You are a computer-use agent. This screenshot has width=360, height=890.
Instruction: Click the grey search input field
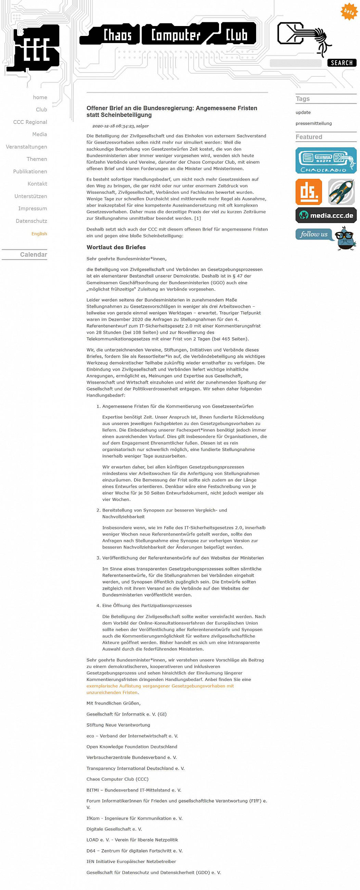click(x=295, y=63)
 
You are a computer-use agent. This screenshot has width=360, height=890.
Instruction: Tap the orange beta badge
click(x=349, y=12)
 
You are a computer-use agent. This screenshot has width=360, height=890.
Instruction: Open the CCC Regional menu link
click(x=30, y=122)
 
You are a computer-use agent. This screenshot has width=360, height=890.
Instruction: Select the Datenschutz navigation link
click(x=31, y=221)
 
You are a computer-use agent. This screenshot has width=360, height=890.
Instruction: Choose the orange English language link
click(x=39, y=234)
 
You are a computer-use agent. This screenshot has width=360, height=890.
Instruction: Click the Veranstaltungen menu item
click(x=26, y=146)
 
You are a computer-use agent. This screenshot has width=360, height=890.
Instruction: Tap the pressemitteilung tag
click(x=313, y=123)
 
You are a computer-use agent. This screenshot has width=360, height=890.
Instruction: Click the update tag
click(x=303, y=112)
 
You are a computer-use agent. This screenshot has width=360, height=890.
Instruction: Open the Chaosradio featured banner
click(x=325, y=160)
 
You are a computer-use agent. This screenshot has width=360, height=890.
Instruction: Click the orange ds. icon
click(x=309, y=192)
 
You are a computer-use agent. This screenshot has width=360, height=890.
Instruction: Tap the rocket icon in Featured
click(x=341, y=192)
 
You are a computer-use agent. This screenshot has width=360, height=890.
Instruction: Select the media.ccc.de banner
click(x=325, y=215)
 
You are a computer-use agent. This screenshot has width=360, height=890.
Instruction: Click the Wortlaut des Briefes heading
click(x=116, y=247)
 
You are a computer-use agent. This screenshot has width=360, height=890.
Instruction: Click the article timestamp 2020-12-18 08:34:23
click(x=113, y=126)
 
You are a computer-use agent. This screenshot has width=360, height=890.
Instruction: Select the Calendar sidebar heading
click(x=33, y=255)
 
